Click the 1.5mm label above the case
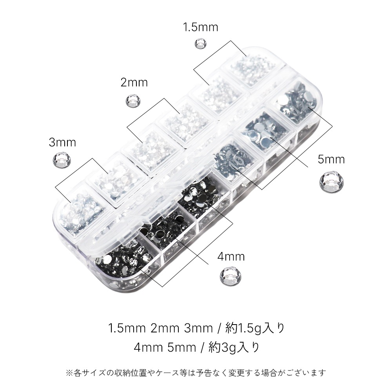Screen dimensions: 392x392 pyautogui.click(x=200, y=27)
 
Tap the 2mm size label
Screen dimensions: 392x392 pyautogui.click(x=134, y=82)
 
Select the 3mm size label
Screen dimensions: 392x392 pyautogui.click(x=62, y=143)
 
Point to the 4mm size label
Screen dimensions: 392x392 pyautogui.click(x=231, y=256)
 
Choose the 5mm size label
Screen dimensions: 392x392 pyautogui.click(x=331, y=159)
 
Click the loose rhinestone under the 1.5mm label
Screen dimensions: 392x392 pyautogui.click(x=201, y=43)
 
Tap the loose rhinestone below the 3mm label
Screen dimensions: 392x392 pyautogui.click(x=62, y=159)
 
